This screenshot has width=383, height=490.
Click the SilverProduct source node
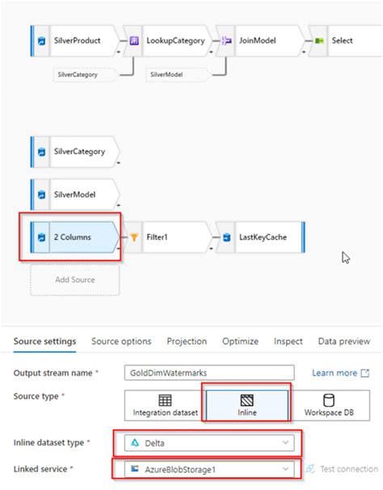click(77, 40)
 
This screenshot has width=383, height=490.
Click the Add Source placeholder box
click(74, 279)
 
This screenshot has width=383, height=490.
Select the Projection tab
click(187, 341)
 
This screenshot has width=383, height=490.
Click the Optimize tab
click(240, 341)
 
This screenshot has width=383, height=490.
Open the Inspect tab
click(288, 341)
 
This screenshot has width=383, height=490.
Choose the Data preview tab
click(345, 341)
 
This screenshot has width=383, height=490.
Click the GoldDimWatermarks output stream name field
click(213, 373)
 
